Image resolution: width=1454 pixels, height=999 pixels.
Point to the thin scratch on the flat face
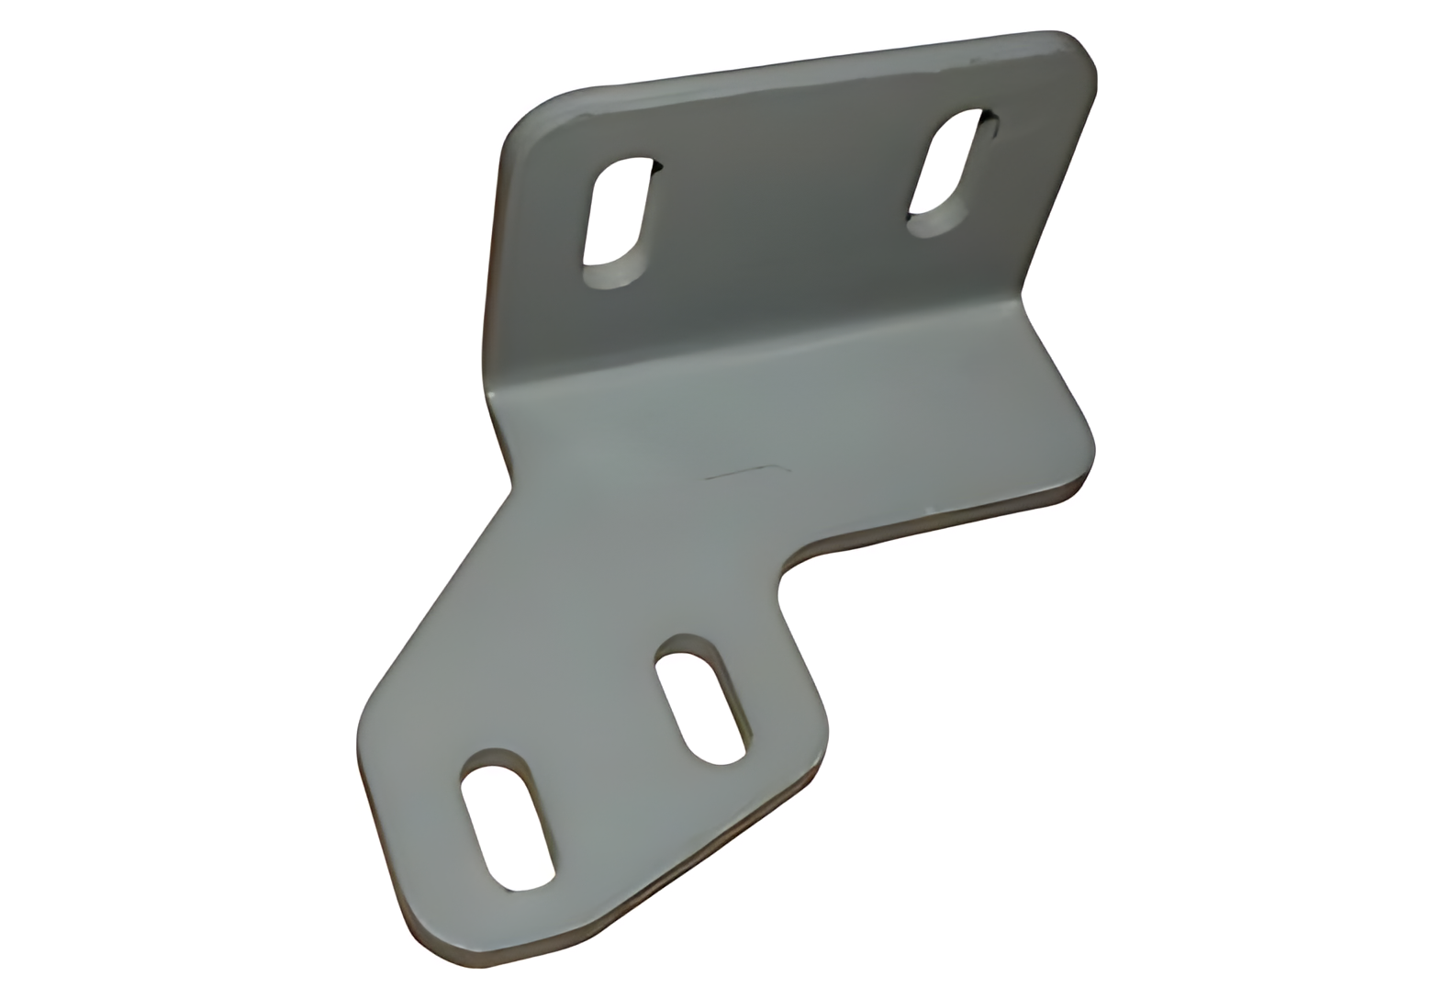pyautogui.click(x=744, y=473)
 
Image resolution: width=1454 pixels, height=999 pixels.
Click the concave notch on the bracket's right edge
pyautogui.click(x=786, y=575)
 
